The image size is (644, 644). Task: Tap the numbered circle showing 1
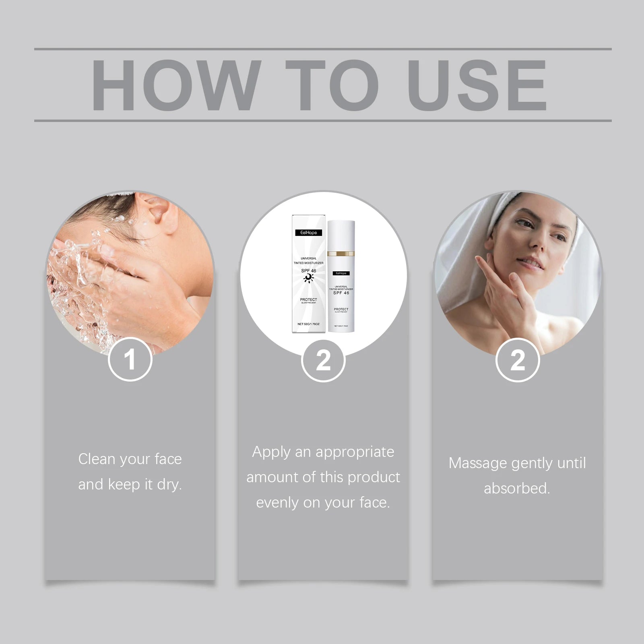coord(130,359)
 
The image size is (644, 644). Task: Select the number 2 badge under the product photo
coord(323,359)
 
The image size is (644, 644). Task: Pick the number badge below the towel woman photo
coord(517,359)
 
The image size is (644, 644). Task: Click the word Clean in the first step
coord(96,459)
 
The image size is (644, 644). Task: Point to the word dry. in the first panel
coord(169,485)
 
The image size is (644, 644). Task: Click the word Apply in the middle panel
coord(271,452)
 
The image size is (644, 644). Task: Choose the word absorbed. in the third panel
coord(517,489)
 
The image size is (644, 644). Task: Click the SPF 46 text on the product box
coord(309,271)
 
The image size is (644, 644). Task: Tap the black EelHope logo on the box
coord(309,233)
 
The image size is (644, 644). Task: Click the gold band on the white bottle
coord(341,254)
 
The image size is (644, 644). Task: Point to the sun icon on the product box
coord(308,279)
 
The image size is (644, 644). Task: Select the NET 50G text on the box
coord(308,324)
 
